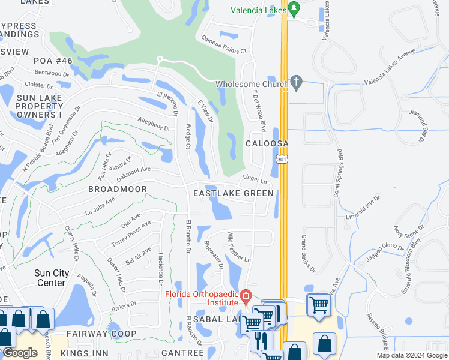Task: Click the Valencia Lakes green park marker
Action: point(294,9)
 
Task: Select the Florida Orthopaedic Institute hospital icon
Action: point(246,295)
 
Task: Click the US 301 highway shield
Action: point(282,160)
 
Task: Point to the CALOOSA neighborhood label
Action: point(267,144)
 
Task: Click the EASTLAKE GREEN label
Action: point(233,193)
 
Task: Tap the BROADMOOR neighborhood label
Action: point(117,188)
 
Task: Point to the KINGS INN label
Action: point(88,353)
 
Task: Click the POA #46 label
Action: point(53,61)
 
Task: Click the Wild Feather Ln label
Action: point(238,246)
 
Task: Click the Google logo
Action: point(20,353)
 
